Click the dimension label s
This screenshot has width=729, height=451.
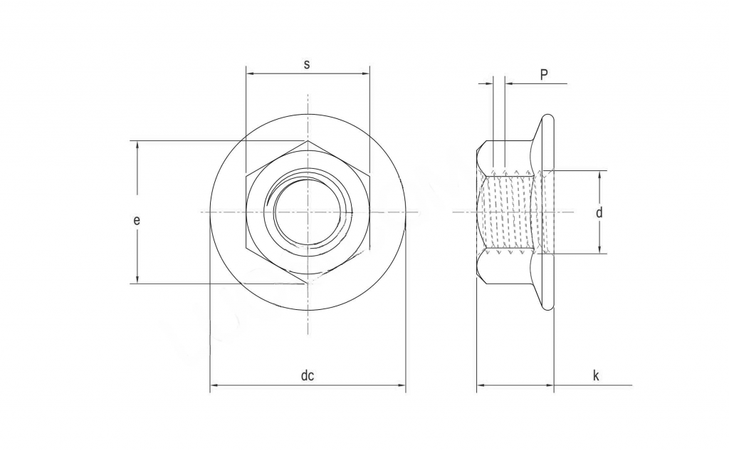(x=307, y=64)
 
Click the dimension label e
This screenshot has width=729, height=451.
(x=136, y=220)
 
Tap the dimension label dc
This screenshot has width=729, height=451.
(x=307, y=376)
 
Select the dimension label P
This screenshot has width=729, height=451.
(x=544, y=75)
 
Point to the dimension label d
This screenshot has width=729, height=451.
(x=599, y=212)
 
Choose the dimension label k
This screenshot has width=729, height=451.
(x=595, y=375)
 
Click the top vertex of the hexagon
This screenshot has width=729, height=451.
(x=308, y=141)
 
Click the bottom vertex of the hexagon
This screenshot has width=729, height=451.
(x=308, y=284)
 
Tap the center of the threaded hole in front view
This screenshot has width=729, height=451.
(x=308, y=212)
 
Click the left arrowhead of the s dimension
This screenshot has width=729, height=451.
(x=249, y=73)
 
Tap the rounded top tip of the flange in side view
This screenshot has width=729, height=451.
(x=549, y=115)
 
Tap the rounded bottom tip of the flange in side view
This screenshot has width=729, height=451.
(x=549, y=309)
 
